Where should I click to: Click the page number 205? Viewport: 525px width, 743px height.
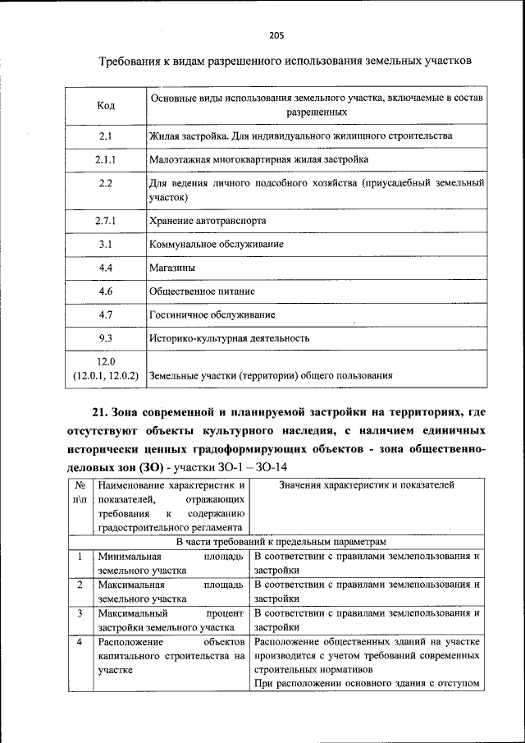[x=276, y=35]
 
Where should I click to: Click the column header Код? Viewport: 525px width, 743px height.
[x=105, y=105]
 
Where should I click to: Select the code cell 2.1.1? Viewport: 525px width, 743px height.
[x=105, y=159]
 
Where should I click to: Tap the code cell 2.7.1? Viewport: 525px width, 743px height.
[x=105, y=221]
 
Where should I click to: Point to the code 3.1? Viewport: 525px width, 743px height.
[x=105, y=245]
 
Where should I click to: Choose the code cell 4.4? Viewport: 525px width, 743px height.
[x=105, y=268]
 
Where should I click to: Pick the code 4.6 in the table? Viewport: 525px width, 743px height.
[x=105, y=291]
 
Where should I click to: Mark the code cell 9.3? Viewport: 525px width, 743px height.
[x=105, y=337]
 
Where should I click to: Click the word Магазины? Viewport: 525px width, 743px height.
[x=171, y=268]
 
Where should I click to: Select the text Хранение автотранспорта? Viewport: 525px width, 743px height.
[x=208, y=221]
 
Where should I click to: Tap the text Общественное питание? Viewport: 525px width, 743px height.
[x=202, y=291]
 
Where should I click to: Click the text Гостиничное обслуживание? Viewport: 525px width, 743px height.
[x=212, y=314]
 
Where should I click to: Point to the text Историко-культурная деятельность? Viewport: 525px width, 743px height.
[x=229, y=337]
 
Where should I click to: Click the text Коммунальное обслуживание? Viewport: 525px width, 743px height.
[x=217, y=245]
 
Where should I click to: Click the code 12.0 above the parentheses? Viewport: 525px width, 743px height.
[x=106, y=361]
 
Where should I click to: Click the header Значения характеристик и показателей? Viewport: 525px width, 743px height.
[x=366, y=485]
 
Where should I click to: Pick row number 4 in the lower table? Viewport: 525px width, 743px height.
[x=80, y=640]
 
